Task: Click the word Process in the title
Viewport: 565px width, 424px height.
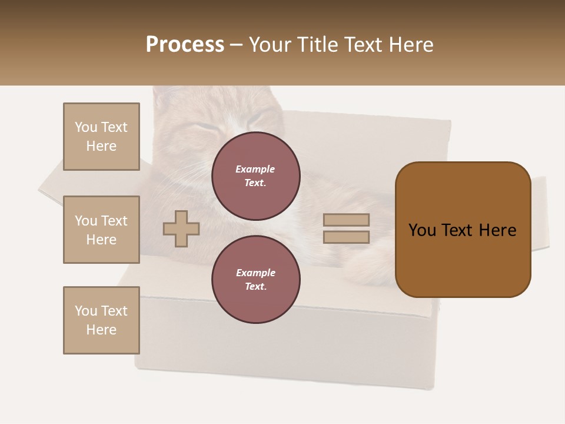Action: tap(185, 45)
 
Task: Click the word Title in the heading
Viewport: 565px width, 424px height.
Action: tap(321, 45)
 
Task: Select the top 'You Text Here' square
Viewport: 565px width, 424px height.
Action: tap(101, 137)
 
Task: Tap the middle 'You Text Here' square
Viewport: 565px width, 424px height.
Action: tap(101, 230)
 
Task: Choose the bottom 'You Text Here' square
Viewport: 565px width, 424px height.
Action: tap(101, 320)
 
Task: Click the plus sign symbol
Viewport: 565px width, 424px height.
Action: tap(181, 228)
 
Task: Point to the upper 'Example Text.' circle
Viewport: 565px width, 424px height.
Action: tap(255, 175)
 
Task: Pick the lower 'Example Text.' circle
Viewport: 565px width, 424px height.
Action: tap(255, 279)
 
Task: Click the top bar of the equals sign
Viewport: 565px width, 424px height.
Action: tap(346, 220)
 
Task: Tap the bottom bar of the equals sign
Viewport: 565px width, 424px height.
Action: tap(346, 237)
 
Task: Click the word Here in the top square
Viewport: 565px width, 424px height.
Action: tap(101, 146)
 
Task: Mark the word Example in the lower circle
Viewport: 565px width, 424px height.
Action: tap(255, 273)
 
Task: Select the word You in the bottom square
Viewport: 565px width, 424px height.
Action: tap(85, 311)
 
